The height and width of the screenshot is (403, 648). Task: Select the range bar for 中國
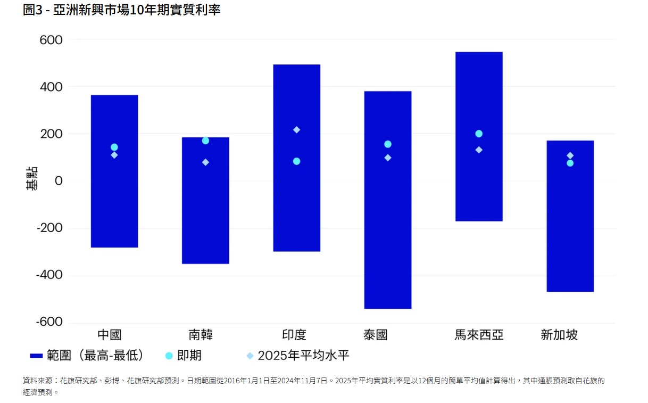[114, 213]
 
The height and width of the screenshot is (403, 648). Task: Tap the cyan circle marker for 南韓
[205, 141]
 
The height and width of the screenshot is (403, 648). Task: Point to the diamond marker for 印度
[296, 130]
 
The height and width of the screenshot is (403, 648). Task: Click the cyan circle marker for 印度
[296, 161]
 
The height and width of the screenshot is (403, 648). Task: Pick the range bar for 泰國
[387, 240]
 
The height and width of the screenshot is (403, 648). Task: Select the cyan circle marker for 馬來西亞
[479, 134]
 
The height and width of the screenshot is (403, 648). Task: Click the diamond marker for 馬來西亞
[479, 150]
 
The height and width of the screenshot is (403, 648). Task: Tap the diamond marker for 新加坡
[570, 155]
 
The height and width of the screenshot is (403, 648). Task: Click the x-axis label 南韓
[201, 335]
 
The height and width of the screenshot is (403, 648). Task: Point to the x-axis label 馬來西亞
[479, 335]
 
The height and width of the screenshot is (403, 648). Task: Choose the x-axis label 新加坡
[559, 335]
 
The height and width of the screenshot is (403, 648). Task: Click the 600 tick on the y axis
[51, 40]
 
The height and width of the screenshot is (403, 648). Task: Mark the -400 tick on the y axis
[49, 275]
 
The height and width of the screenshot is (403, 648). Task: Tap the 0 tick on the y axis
[59, 181]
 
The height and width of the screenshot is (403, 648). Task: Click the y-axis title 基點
[31, 179]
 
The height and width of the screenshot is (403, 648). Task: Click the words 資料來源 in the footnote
[37, 381]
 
